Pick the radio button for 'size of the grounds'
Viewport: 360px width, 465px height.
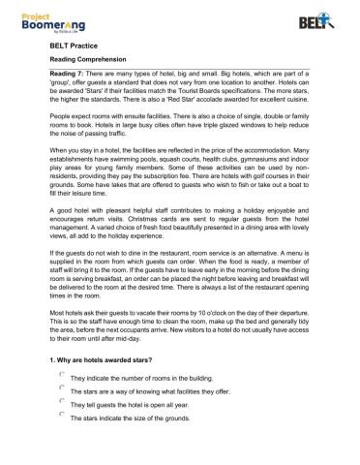click(61, 438)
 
